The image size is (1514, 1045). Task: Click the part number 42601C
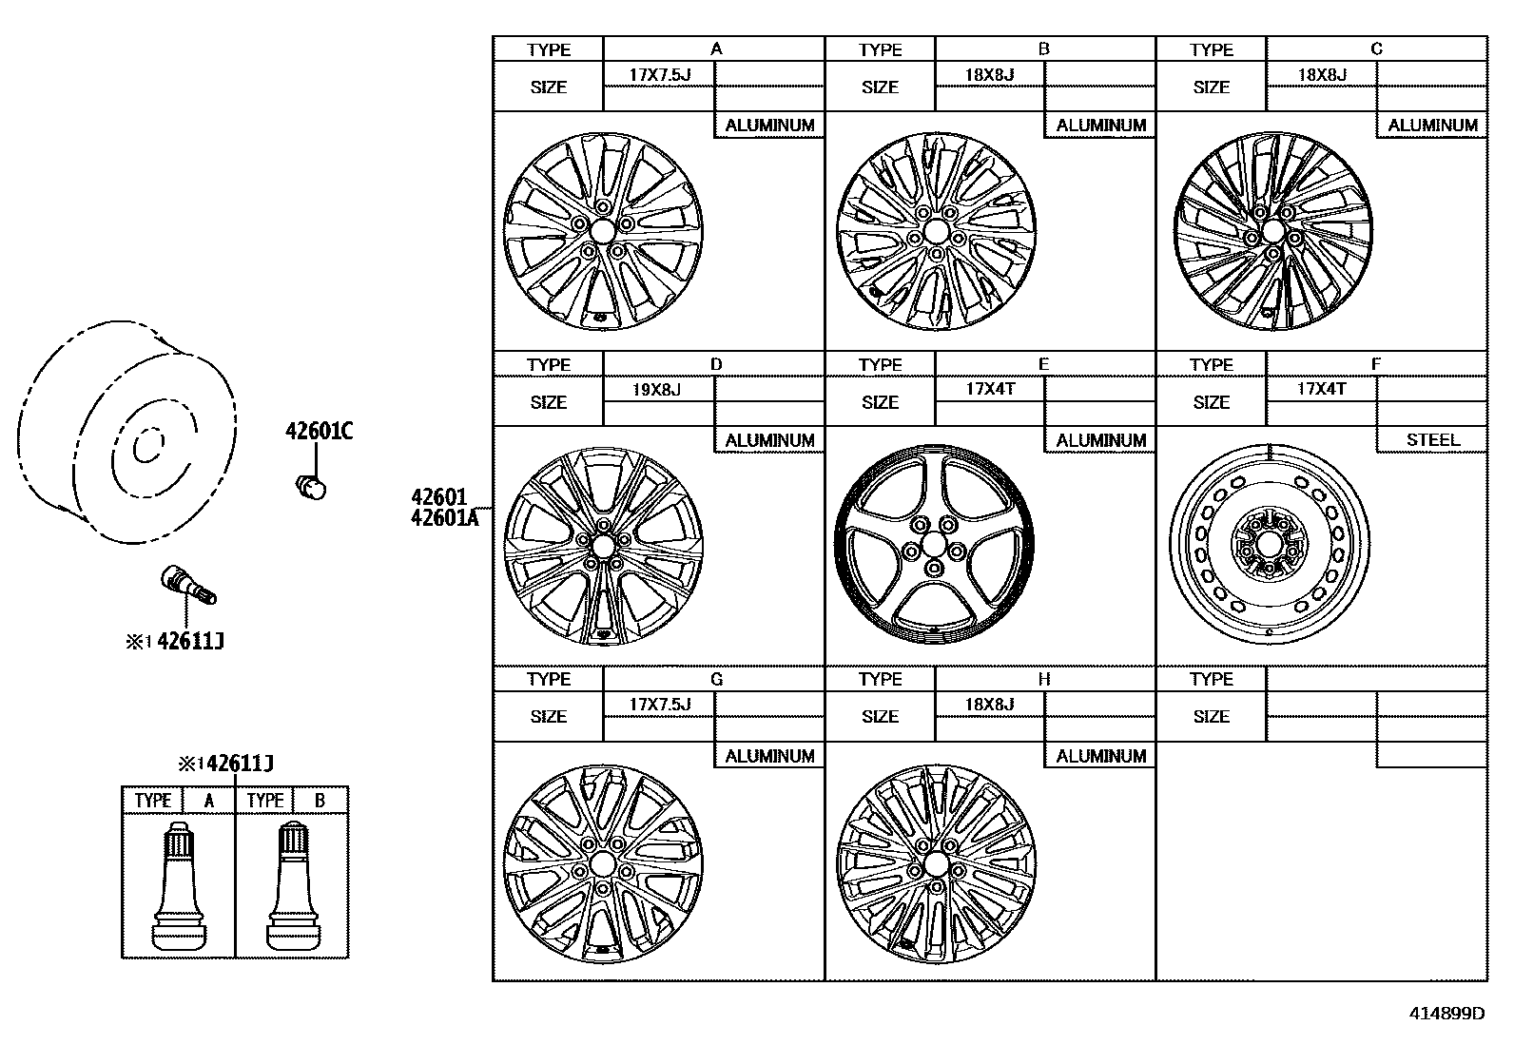pyautogui.click(x=319, y=432)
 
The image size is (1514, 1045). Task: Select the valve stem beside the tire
pyautogui.click(x=188, y=584)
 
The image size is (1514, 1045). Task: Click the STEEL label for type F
pyautogui.click(x=1432, y=440)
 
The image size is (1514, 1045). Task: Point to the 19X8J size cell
pyautogui.click(x=657, y=389)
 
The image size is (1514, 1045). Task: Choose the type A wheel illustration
pyautogui.click(x=602, y=232)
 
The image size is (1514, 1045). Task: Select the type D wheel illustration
pyautogui.click(x=603, y=546)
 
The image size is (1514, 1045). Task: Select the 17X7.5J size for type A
pyautogui.click(x=659, y=74)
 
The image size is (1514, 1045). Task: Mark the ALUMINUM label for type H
pyautogui.click(x=1100, y=756)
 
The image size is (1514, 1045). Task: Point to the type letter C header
pyautogui.click(x=1376, y=49)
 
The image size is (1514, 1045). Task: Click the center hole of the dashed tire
pyautogui.click(x=146, y=446)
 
